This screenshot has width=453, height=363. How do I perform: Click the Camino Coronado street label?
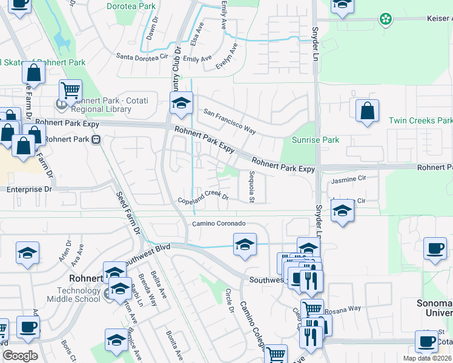(x=219, y=224)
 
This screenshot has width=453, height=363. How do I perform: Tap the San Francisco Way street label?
(x=230, y=121)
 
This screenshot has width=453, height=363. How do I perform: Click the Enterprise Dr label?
(x=33, y=189)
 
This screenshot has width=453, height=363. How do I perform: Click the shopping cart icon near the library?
(x=71, y=91)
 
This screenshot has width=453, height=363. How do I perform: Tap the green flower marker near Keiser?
(x=385, y=19)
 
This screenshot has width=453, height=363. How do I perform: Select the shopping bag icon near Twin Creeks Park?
(x=367, y=111)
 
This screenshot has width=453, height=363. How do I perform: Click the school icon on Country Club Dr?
(x=181, y=103)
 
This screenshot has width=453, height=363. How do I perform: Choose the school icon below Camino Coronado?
(x=244, y=245)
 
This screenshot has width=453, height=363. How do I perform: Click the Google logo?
(x=20, y=356)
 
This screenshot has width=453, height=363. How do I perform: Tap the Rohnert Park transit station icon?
(x=96, y=140)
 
